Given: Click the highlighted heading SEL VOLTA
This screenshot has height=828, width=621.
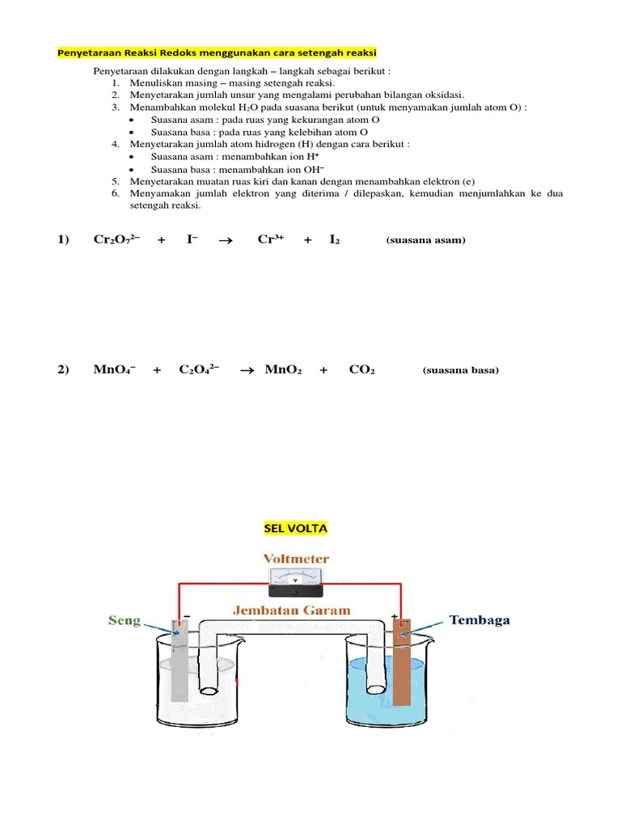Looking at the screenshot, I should click(296, 528).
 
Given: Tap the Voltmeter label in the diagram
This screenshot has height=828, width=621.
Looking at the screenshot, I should click(296, 559).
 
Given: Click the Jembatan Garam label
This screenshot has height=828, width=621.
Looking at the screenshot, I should click(293, 610).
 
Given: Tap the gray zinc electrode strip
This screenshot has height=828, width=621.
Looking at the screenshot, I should click(180, 659).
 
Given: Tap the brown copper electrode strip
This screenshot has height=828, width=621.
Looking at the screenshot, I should click(402, 659).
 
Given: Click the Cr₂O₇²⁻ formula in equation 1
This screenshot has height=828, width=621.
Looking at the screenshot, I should click(117, 239).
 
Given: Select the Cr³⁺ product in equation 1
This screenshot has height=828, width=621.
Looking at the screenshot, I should click(271, 239).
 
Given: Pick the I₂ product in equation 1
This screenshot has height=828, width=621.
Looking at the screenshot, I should click(335, 239).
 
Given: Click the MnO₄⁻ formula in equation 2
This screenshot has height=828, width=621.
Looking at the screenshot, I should click(114, 370).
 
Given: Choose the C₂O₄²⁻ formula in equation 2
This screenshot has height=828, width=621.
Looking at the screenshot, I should click(199, 370).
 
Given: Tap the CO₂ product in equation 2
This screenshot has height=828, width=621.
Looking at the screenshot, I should click(361, 370).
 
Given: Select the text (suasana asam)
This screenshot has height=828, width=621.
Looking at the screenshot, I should click(426, 240).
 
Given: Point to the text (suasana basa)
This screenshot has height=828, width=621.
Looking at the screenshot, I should click(461, 370).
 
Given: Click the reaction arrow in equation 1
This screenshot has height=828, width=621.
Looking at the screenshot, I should click(226, 240).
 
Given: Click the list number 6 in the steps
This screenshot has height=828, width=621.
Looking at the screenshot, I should click(116, 194).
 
